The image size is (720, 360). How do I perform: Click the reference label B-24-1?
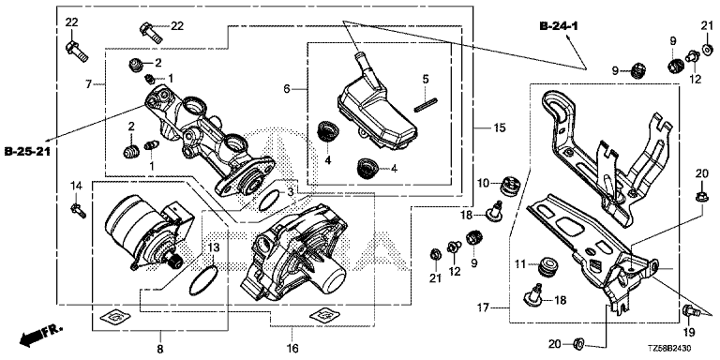tap(559, 26)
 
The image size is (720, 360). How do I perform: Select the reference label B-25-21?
tap(27, 151)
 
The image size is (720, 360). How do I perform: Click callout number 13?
tap(214, 247)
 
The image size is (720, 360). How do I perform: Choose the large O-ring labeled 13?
tap(203, 280)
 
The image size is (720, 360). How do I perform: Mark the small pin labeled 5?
tap(426, 104)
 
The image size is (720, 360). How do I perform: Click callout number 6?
tap(287, 89)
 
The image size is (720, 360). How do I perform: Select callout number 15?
tap(500, 127)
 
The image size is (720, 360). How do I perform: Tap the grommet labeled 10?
tap(509, 186)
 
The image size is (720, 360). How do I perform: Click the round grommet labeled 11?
tap(547, 267)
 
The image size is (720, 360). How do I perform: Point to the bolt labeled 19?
tap(690, 312)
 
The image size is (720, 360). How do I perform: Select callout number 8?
tap(159, 349)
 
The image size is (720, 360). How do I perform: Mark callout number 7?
tap(89, 84)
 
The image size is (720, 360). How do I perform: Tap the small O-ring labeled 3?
tap(269, 201)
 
